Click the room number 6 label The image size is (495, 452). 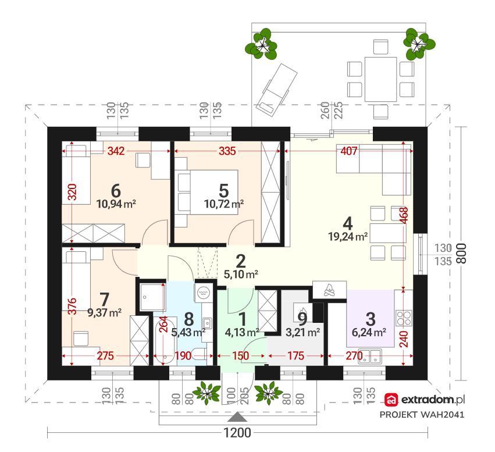pyautogui.click(x=116, y=191)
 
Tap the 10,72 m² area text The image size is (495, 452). pyautogui.click(x=224, y=204)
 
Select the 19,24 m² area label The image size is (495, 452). pyautogui.click(x=348, y=236)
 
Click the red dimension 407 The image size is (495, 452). pyautogui.click(x=349, y=151)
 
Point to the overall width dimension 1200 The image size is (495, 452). pyautogui.click(x=237, y=433)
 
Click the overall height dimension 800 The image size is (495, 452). pyautogui.click(x=461, y=253)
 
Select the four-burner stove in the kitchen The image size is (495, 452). pyautogui.click(x=404, y=318)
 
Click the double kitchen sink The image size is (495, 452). pyautogui.click(x=370, y=356)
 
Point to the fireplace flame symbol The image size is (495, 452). pyautogui.click(x=330, y=290)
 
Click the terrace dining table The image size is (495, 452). pyautogui.click(x=380, y=79)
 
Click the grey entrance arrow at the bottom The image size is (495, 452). pyautogui.click(x=237, y=417)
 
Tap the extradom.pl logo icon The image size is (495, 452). pyautogui.click(x=392, y=400)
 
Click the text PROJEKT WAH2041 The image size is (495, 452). pyautogui.click(x=422, y=414)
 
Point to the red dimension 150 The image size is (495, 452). pyautogui.click(x=241, y=356)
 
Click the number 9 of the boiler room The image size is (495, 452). pyautogui.click(x=302, y=319)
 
